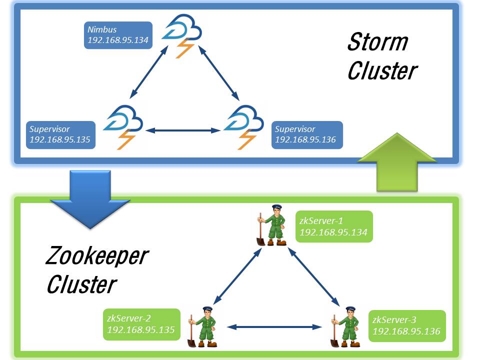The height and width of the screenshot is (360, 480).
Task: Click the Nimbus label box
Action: coord(118,34)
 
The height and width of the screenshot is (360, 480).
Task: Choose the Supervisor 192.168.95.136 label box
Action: coord(307,134)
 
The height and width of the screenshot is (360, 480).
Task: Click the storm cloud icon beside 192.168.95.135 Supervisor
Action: coord(122,125)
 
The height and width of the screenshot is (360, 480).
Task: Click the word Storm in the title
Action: coord(377,42)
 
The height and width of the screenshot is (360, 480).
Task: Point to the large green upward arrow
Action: coord(397,162)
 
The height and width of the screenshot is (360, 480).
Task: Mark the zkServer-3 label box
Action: coord(407,325)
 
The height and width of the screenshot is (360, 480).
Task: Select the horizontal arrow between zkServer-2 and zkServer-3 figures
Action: coord(274,327)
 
